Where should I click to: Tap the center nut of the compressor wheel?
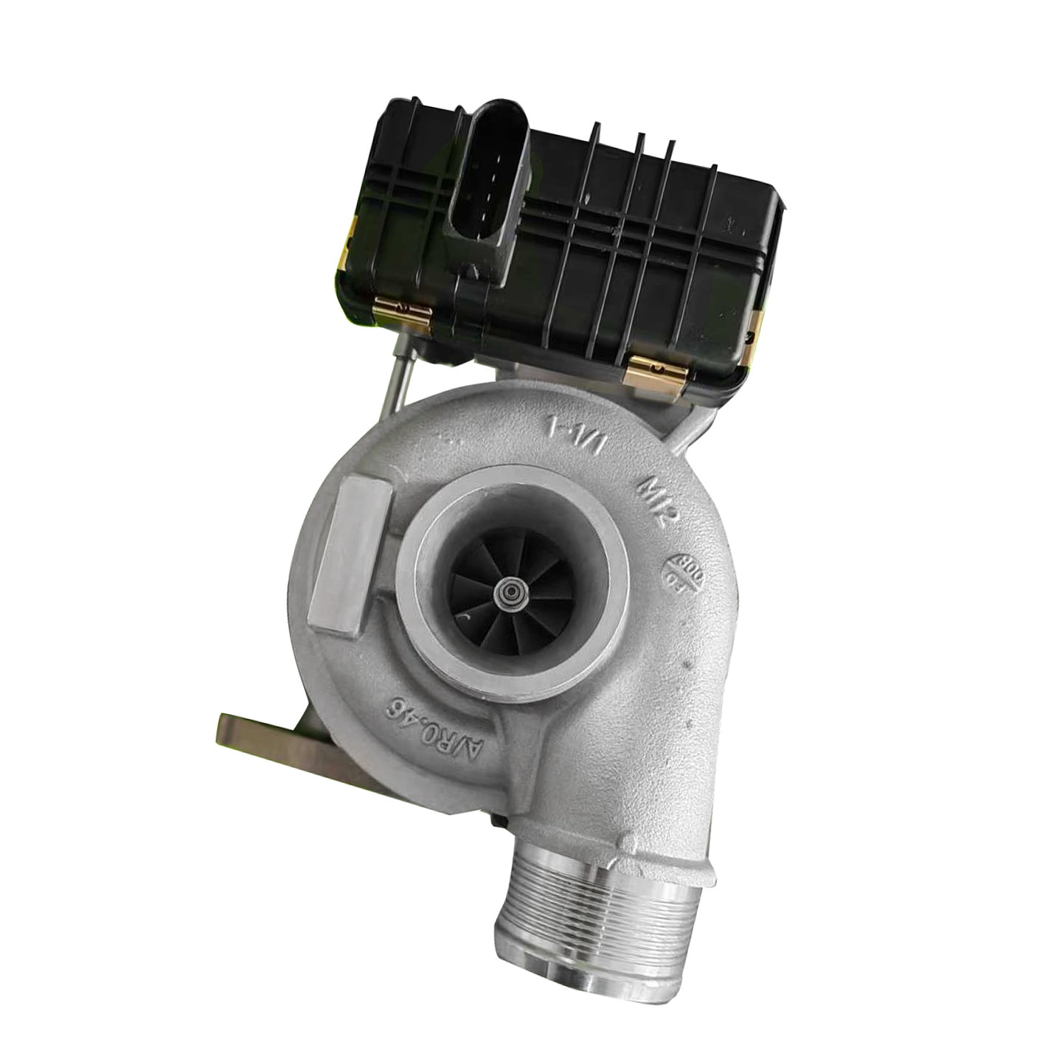(507, 591)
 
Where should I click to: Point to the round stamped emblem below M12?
(681, 572)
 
